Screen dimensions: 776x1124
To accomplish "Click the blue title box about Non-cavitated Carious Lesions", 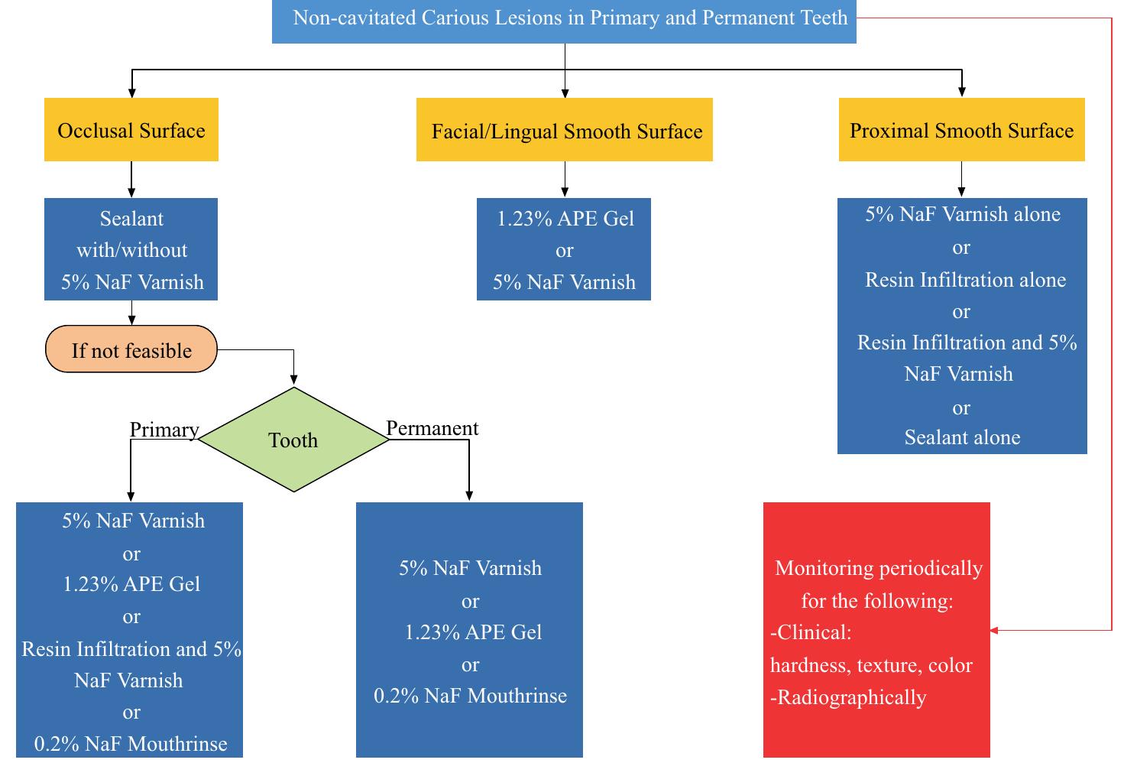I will click(x=564, y=18).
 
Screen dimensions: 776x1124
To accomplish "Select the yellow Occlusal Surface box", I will click(x=131, y=130).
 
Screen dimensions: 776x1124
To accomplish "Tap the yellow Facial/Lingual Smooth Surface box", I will click(x=565, y=131).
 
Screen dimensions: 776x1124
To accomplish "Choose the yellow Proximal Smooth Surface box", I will click(x=961, y=130).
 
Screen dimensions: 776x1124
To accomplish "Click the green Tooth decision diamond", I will click(x=293, y=440).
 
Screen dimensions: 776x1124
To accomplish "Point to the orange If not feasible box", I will click(x=131, y=350).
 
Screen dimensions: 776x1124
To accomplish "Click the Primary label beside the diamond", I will click(x=164, y=430).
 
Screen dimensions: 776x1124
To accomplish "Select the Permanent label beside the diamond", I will click(x=432, y=428).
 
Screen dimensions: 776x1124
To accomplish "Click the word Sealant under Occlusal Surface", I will click(x=131, y=219).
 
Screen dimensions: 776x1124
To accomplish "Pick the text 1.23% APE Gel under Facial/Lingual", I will click(x=565, y=219).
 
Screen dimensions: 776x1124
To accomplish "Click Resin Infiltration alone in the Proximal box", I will click(x=964, y=280).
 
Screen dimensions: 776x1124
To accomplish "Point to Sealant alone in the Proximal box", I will click(x=962, y=437).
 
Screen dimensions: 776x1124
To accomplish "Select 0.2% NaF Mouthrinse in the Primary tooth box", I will click(x=131, y=744).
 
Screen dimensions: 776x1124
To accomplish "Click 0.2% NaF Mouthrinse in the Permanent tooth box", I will click(x=470, y=696).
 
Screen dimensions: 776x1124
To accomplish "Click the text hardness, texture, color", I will click(x=871, y=665).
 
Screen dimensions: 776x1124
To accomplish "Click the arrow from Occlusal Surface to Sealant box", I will click(x=131, y=180).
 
